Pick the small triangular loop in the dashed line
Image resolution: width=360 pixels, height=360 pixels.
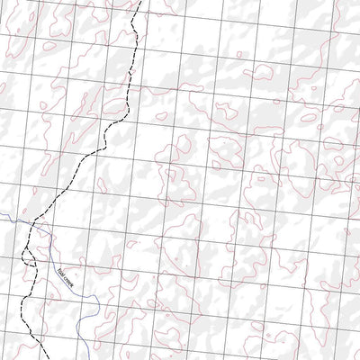coord(29,256)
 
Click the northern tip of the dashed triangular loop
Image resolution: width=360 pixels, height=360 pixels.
coord(27,246)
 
